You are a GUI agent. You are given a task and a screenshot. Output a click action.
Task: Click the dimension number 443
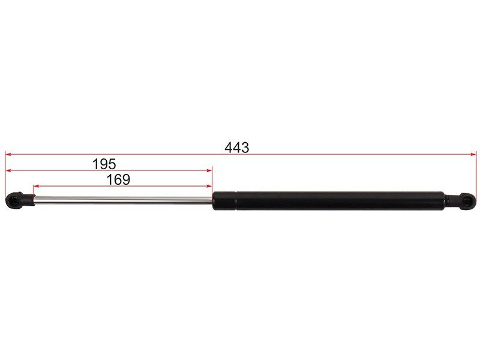coord(236,148)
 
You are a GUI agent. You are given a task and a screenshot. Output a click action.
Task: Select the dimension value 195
coord(104,164)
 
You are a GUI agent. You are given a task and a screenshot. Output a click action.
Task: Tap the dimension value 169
coord(118,179)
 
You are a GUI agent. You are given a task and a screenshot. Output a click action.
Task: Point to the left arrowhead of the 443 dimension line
coord(8,154)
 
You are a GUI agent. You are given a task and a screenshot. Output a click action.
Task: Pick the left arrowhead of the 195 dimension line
coord(8,170)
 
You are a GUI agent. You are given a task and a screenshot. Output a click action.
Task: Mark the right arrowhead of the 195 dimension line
coord(209,170)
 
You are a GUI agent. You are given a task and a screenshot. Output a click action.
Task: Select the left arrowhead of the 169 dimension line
coord(36,186)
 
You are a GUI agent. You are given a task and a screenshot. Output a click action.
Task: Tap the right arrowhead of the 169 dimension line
coord(209,186)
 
